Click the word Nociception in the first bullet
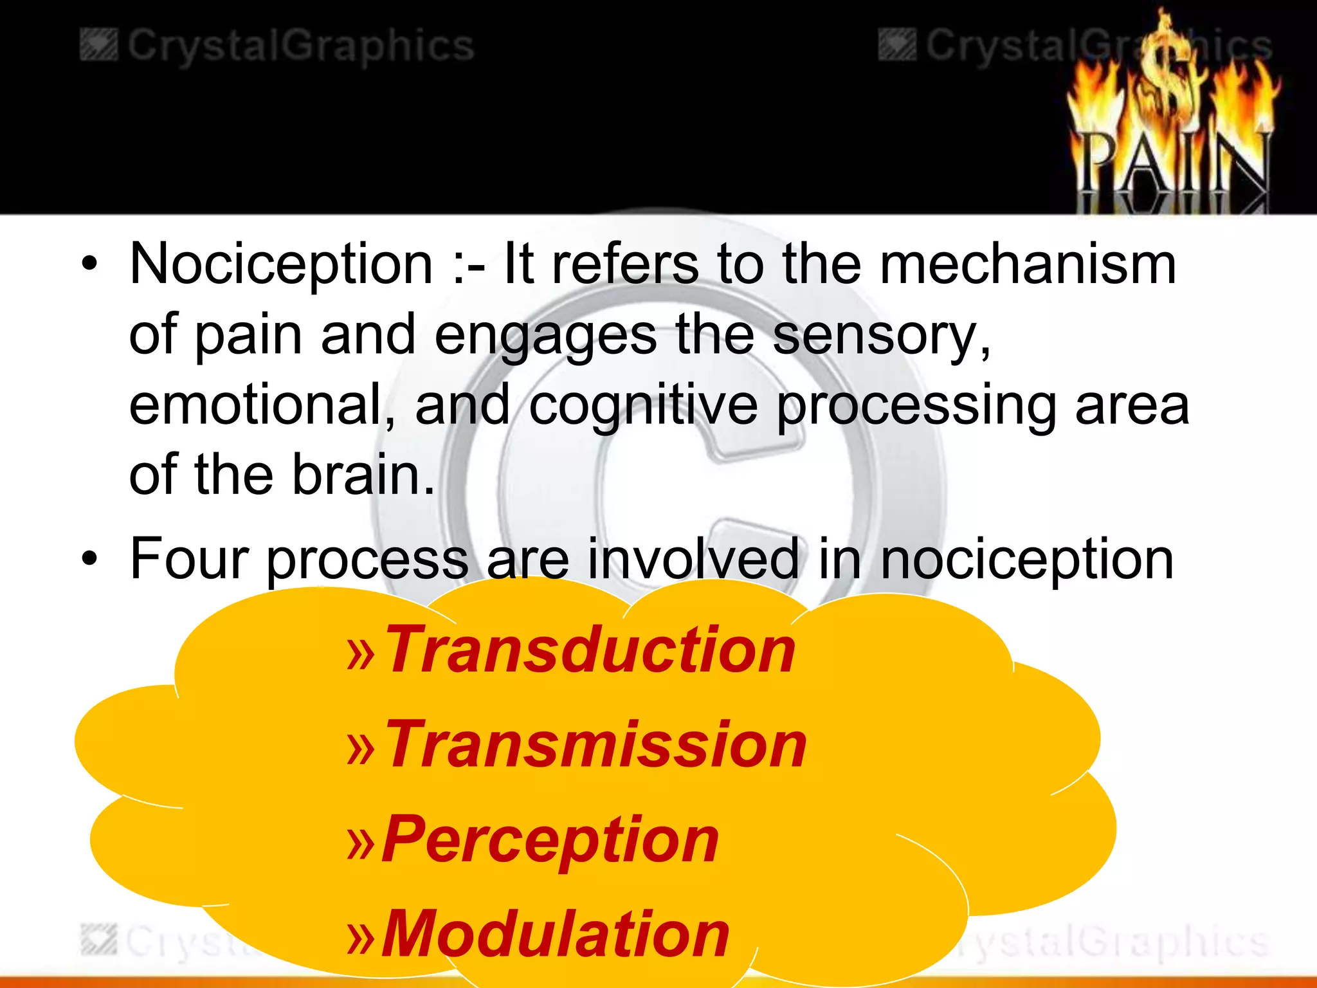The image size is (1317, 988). [281, 265]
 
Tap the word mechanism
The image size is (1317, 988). [1028, 265]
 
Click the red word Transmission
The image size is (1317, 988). [595, 744]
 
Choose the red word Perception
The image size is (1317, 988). [550, 839]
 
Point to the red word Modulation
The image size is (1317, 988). [556, 934]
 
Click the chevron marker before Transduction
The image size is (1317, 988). [360, 654]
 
